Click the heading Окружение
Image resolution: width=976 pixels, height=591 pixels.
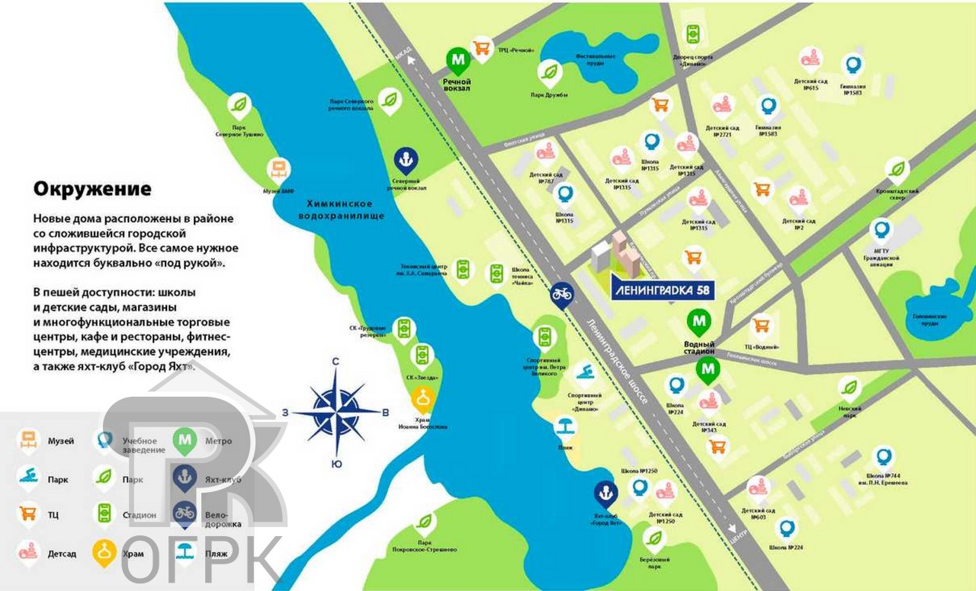[92, 188]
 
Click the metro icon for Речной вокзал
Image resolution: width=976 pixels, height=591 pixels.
[458, 59]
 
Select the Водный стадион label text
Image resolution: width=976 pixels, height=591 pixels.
[699, 347]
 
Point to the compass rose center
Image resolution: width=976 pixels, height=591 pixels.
[336, 412]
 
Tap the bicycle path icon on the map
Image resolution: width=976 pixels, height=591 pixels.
[562, 293]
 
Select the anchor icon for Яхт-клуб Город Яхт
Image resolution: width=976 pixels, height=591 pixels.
[605, 493]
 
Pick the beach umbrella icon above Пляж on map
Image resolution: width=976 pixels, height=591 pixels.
[564, 425]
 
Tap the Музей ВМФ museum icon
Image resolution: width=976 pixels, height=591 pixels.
[278, 169]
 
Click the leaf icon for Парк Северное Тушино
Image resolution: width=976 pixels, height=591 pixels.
[239, 104]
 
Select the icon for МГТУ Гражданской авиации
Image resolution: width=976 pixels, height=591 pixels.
[882, 228]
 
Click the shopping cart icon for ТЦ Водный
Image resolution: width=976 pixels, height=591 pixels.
[760, 325]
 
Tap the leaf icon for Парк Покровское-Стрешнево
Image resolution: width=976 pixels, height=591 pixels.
[425, 522]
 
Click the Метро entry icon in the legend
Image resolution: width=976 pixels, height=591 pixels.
[184, 439]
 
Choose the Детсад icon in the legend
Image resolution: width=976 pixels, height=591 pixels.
[28, 551]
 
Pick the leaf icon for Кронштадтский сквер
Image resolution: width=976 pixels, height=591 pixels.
[897, 168]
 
